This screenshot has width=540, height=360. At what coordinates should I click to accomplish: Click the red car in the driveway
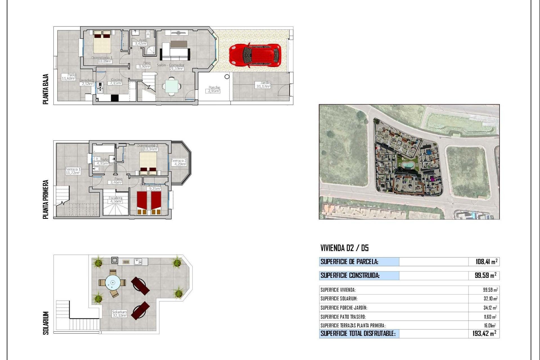coord(255,55)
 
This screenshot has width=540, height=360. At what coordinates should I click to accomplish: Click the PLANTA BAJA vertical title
coord(46,89)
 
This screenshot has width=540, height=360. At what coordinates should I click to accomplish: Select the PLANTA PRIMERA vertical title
coord(46,199)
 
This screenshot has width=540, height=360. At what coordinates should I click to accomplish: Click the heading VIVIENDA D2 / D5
coord(344,248)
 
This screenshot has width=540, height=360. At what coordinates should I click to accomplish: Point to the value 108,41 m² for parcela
coord(486,262)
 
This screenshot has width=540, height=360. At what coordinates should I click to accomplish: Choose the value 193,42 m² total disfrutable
coord(484,334)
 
